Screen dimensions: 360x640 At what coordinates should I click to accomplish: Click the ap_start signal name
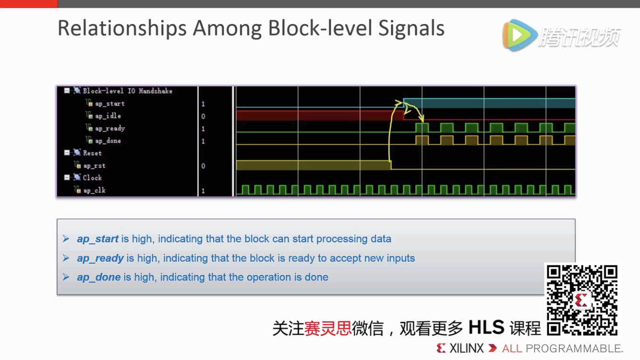[109, 104]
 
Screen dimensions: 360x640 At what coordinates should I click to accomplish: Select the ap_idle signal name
[108, 116]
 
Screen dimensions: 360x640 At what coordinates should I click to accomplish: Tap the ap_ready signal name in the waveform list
[110, 129]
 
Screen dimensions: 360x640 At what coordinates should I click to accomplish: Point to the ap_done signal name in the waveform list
[108, 141]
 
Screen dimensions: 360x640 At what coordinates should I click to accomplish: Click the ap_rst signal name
[94, 166]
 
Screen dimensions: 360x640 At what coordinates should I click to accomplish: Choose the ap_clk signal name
[94, 191]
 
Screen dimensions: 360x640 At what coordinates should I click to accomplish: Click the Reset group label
[92, 153]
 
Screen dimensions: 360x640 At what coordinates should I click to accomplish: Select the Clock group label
[92, 178]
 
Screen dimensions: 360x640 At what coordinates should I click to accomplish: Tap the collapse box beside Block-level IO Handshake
[67, 90]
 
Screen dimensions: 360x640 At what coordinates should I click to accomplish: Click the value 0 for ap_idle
[203, 116]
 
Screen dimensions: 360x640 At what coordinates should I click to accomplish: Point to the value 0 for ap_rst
[203, 166]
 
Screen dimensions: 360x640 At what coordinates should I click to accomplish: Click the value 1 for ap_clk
[203, 191]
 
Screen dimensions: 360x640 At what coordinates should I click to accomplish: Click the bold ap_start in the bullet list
[97, 239]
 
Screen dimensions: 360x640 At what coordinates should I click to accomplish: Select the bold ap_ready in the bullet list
[100, 258]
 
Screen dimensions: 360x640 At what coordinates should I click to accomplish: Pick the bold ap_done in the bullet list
[99, 277]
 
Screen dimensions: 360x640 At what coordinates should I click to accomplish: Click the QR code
[581, 300]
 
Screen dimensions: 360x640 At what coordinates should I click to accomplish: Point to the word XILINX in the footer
[466, 348]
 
